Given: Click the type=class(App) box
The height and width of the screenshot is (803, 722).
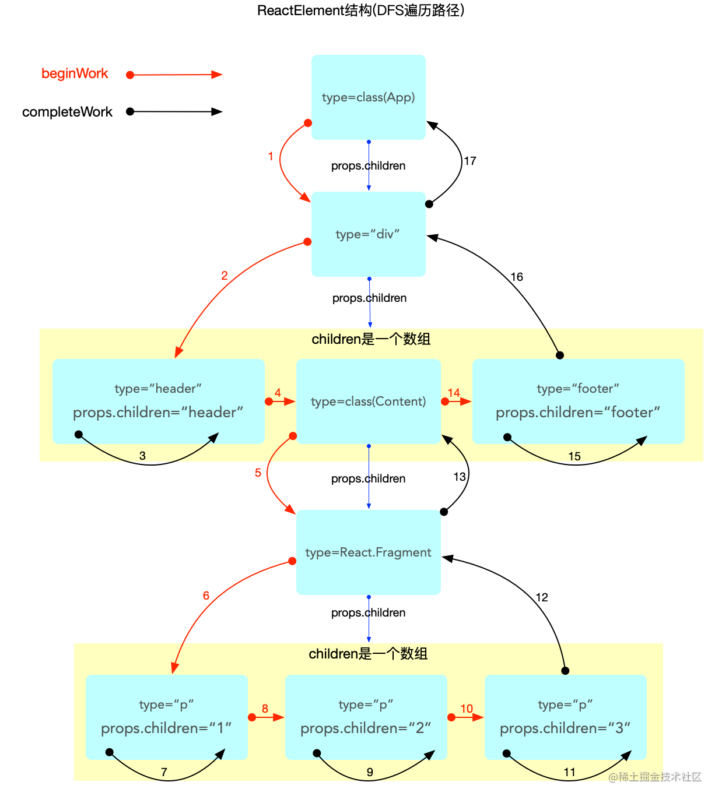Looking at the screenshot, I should click(x=368, y=97).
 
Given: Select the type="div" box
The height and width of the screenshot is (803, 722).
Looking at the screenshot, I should click(x=368, y=234).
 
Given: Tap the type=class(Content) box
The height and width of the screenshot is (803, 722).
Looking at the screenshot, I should click(x=368, y=401).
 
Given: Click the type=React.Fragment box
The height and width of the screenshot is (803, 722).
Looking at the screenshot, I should click(x=368, y=552).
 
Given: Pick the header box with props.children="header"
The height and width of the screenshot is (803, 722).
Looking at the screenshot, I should click(x=158, y=401).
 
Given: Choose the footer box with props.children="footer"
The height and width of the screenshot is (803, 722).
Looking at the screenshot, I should click(x=577, y=401).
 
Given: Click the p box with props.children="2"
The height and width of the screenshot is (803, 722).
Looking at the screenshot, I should click(x=366, y=717).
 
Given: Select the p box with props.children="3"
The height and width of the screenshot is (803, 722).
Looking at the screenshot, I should click(x=565, y=717).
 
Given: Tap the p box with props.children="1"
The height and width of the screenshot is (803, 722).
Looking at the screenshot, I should click(x=166, y=717).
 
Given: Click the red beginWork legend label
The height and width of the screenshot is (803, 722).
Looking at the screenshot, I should click(x=75, y=74).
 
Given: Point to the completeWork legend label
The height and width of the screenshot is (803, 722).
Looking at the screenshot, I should click(x=67, y=112).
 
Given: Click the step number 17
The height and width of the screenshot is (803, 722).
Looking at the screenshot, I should click(x=470, y=161).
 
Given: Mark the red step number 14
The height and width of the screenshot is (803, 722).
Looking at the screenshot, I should click(x=454, y=393).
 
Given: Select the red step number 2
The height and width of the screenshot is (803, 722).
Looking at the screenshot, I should click(x=225, y=276).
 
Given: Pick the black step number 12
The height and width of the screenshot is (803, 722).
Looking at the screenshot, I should click(x=542, y=597).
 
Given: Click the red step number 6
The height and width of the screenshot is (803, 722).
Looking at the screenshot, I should click(x=206, y=596).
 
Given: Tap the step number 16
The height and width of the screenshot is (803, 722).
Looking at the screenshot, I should click(x=517, y=277).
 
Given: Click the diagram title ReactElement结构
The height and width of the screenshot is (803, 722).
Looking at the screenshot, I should click(x=360, y=10).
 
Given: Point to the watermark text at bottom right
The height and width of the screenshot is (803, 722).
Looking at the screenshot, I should click(x=655, y=777).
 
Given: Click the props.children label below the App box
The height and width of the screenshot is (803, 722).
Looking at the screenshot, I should click(x=368, y=166).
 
